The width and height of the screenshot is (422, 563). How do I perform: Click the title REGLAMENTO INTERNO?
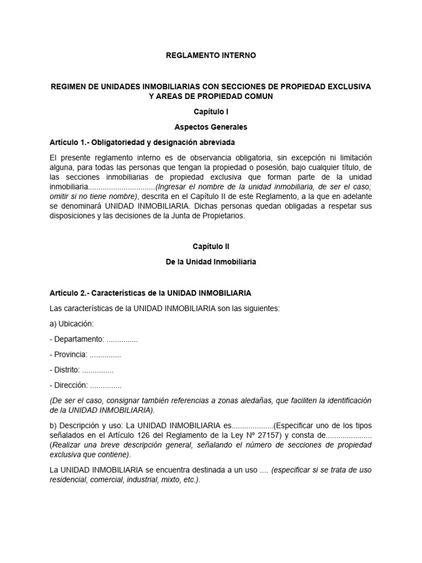coord(211,56)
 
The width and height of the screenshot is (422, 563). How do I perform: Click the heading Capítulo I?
coord(211,112)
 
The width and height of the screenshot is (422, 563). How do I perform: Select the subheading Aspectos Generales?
coord(211,127)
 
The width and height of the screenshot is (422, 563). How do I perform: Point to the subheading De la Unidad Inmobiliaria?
coord(211,263)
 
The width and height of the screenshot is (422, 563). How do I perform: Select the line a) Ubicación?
coord(71,324)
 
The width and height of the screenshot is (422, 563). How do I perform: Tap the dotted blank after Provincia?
coord(105,355)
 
